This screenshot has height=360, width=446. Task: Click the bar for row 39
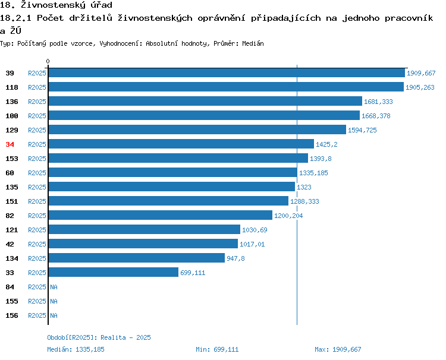(227, 72)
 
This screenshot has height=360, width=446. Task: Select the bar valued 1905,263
(226, 87)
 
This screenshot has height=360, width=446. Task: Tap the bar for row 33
(114, 272)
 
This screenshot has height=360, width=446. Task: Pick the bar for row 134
(137, 258)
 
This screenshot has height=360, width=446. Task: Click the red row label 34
(10, 144)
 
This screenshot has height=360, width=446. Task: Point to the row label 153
(12, 159)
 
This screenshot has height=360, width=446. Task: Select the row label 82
(10, 216)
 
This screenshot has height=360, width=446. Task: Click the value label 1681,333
(378, 102)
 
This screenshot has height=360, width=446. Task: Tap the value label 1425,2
(326, 144)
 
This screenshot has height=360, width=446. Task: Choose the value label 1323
(304, 187)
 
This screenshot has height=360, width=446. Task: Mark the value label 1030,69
(255, 230)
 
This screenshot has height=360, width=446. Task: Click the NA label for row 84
(54, 287)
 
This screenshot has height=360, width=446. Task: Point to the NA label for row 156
(54, 315)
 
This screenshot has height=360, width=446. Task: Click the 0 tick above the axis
(48, 61)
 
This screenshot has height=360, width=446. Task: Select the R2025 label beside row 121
(37, 230)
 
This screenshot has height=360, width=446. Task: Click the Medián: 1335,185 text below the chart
(76, 349)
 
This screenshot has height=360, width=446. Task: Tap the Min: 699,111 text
(217, 349)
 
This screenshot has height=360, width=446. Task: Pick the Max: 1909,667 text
(338, 349)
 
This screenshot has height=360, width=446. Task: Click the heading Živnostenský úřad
(67, 5)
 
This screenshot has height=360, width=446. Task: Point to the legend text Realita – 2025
(125, 337)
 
